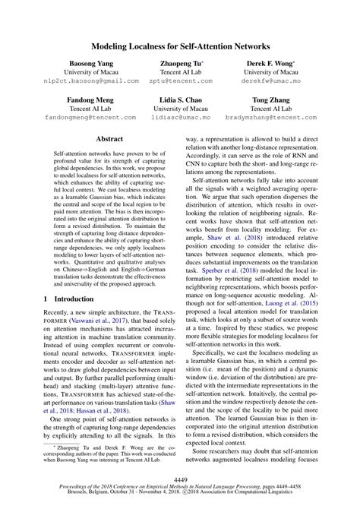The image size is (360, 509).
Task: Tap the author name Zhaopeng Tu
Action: pos(179,64)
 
